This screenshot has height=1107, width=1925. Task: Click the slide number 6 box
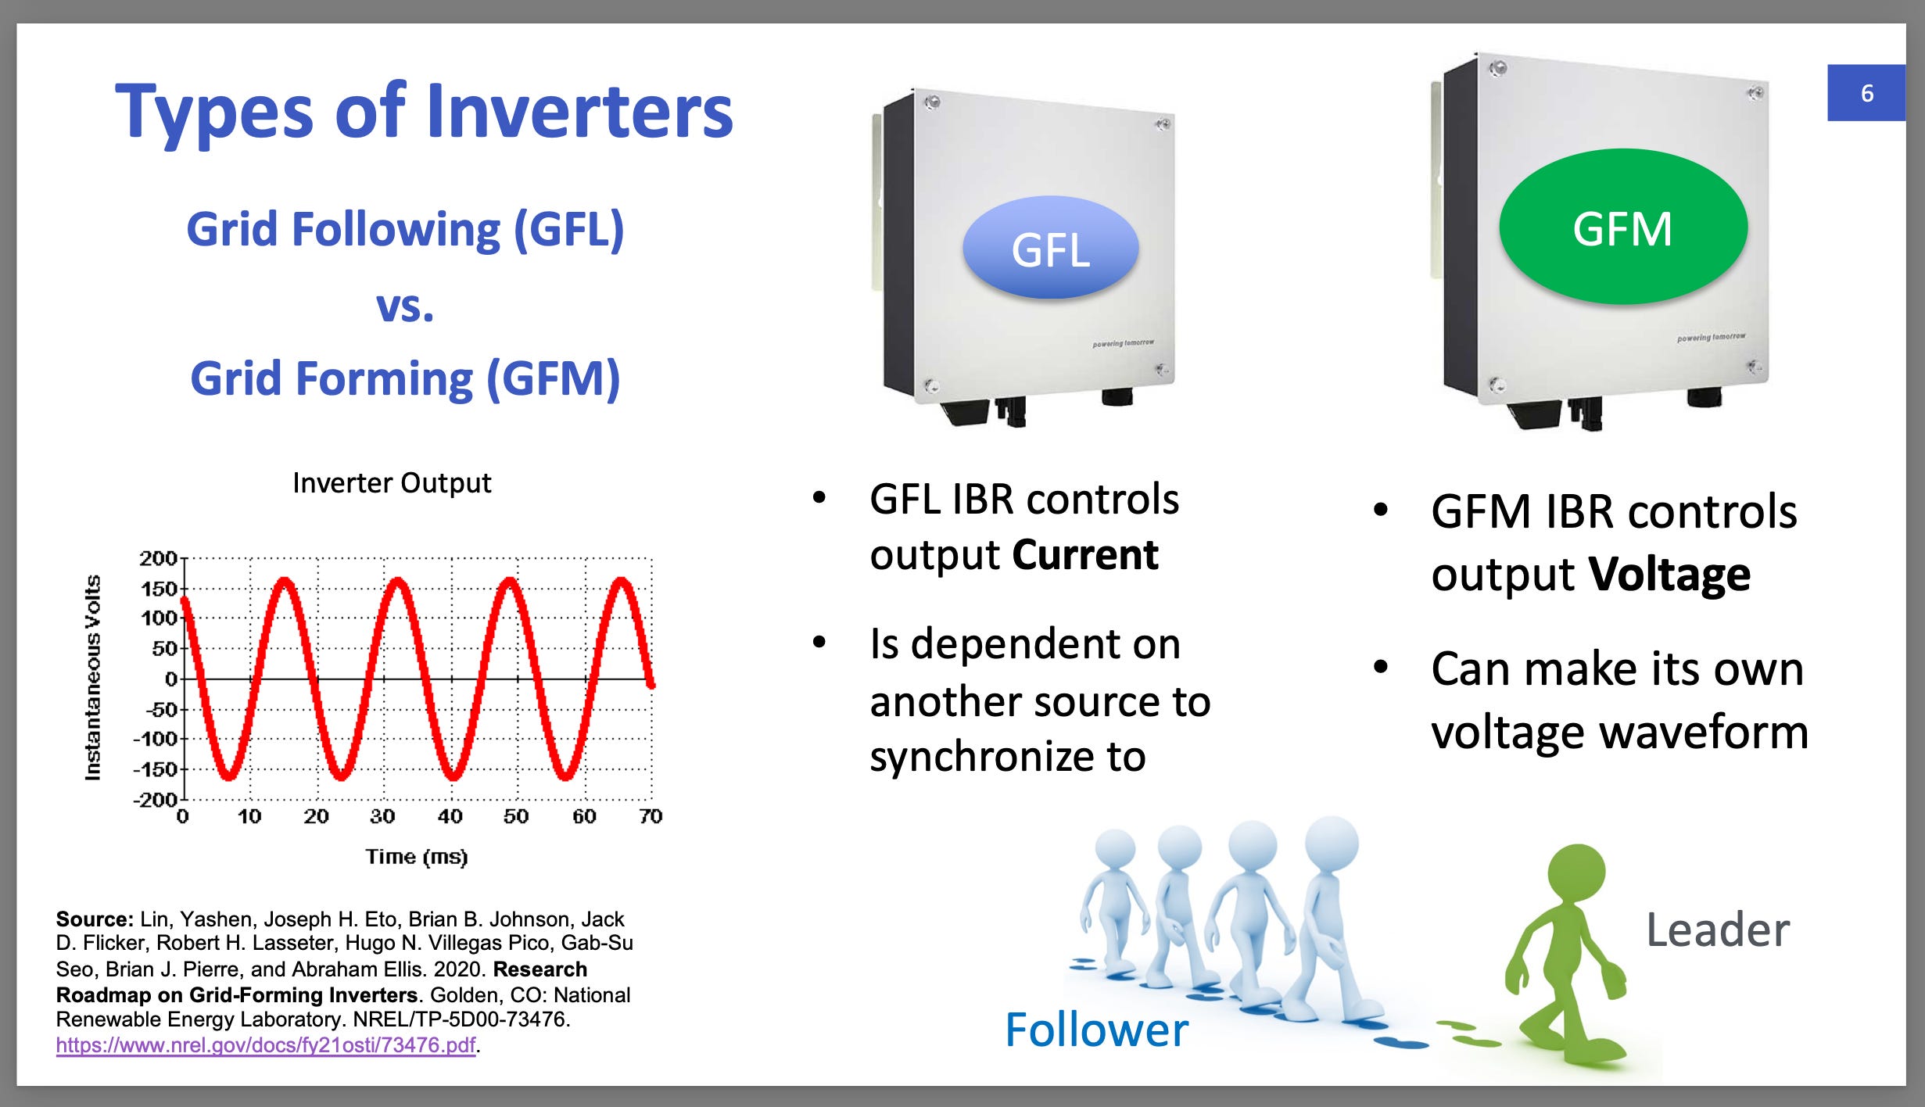[1866, 93]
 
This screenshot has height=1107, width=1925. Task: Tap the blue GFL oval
[1050, 248]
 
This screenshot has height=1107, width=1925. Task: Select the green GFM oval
[1623, 227]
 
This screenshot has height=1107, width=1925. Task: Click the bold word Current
[1084, 555]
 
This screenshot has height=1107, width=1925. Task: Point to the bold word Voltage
[1669, 575]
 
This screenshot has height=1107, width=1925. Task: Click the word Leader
[1718, 930]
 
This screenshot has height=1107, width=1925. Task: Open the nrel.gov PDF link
[266, 1045]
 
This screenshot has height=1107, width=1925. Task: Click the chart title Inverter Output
[392, 483]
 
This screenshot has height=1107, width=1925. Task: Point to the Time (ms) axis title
[417, 857]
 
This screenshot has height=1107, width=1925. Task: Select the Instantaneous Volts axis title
[93, 678]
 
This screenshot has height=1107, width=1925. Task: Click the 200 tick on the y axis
[159, 558]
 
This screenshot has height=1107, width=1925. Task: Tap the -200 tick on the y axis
[156, 800]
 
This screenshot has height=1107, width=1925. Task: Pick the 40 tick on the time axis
[450, 817]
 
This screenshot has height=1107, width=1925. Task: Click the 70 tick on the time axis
[651, 817]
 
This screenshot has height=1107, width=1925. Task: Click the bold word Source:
[95, 919]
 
